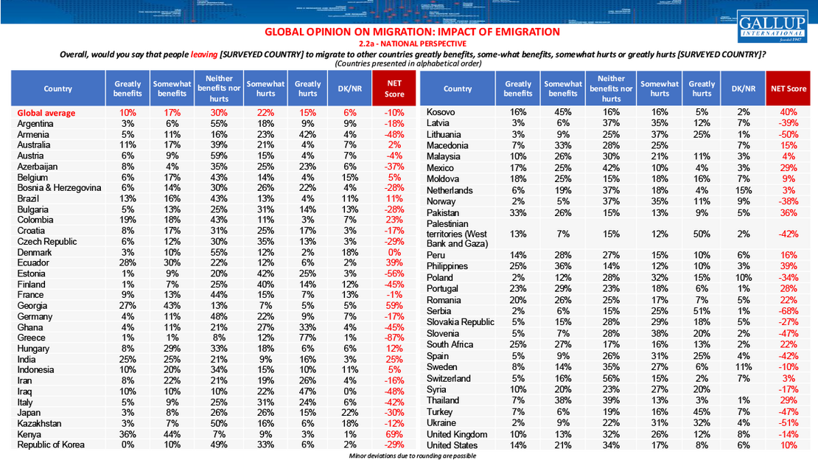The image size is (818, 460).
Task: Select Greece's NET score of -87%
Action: (394, 338)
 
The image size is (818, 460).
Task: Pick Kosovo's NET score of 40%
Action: (788, 112)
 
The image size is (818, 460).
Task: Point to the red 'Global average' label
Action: (46, 113)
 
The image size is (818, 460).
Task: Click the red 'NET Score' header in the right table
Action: (788, 88)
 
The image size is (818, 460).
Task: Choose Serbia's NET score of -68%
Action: (788, 311)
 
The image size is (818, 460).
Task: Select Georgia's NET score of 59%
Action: (394, 305)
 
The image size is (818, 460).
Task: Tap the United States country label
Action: (452, 445)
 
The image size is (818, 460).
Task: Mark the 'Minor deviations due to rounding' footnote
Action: (412, 456)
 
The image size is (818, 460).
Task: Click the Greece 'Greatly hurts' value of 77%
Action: (307, 338)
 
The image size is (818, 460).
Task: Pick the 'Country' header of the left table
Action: (58, 88)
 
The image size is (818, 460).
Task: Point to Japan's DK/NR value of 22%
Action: (350, 413)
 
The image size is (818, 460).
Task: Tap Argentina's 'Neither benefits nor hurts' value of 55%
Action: (219, 123)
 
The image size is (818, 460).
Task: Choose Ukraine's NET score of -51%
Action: (788, 423)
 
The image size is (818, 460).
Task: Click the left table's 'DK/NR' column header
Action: (350, 88)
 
